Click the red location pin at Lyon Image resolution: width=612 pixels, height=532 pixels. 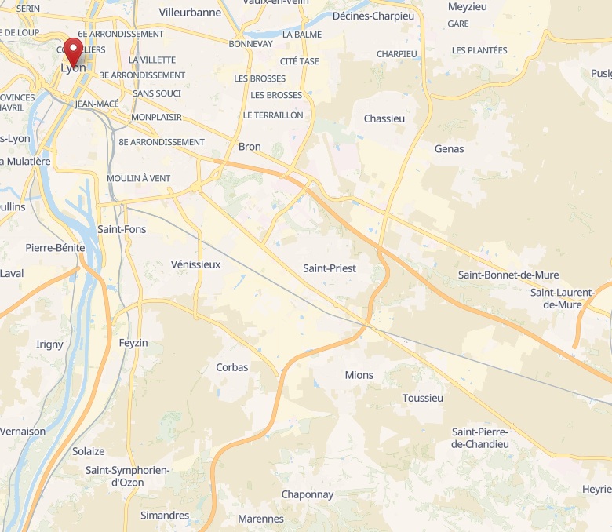click(x=74, y=52)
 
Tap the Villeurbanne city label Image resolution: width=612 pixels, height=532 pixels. click(x=190, y=13)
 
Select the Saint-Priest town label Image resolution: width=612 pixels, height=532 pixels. click(x=330, y=268)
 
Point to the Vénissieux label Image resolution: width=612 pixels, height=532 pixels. click(x=195, y=264)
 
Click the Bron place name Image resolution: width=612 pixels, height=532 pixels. click(x=250, y=147)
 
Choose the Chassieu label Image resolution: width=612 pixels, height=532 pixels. click(x=384, y=118)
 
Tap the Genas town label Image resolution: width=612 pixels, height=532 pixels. click(x=449, y=148)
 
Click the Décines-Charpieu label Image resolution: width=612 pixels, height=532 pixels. click(x=373, y=16)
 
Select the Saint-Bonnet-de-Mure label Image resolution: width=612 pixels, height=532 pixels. click(x=502, y=275)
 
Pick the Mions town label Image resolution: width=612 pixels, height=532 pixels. click(x=359, y=375)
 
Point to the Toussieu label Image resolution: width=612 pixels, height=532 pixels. click(x=422, y=398)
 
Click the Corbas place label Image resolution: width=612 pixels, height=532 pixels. click(x=231, y=367)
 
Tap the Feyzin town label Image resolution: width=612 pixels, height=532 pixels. click(x=133, y=343)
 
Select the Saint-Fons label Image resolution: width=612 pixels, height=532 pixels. click(x=122, y=229)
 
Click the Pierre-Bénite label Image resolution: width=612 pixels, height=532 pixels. click(x=55, y=247)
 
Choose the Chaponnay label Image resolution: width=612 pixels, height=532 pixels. click(x=308, y=494)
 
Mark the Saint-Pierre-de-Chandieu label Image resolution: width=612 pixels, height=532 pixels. click(x=480, y=438)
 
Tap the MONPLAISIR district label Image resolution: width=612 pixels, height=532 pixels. click(x=157, y=117)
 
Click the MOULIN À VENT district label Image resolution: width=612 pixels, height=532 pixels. click(x=138, y=178)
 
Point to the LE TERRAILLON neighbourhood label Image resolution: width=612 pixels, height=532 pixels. click(x=273, y=115)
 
